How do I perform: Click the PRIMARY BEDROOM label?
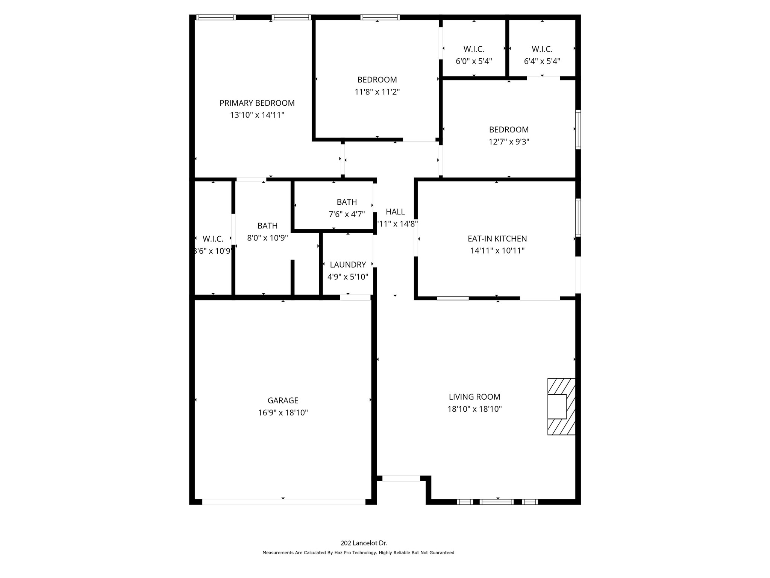[257, 103]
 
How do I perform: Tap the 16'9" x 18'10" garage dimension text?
[283, 412]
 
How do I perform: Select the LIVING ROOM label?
[474, 397]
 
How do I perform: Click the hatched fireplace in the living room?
[561, 406]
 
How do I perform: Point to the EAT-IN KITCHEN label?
[497, 239]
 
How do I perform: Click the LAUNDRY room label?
[348, 265]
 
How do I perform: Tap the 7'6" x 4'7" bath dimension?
[347, 214]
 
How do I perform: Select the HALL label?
[395, 212]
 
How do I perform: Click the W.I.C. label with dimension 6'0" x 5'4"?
[474, 49]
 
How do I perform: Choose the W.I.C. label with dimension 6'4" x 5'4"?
[542, 49]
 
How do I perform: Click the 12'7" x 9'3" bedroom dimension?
[509, 141]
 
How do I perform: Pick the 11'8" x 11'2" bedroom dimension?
[377, 91]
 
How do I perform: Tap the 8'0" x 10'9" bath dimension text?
[267, 238]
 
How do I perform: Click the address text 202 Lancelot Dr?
[364, 543]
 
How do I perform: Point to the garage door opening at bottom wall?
[283, 502]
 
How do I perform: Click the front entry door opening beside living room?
[401, 478]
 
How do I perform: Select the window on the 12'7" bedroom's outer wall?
[578, 129]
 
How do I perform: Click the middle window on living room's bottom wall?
[497, 502]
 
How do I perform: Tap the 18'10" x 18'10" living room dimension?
[474, 409]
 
